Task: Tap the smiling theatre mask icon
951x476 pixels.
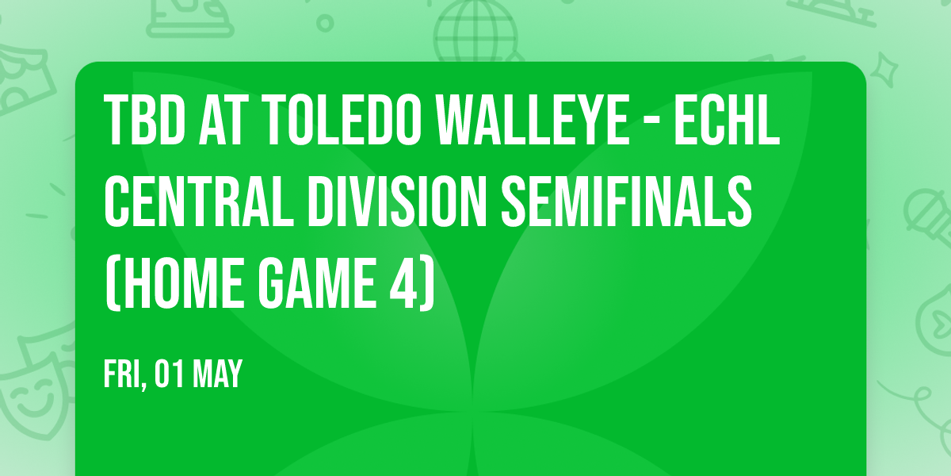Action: coord(28,397)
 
